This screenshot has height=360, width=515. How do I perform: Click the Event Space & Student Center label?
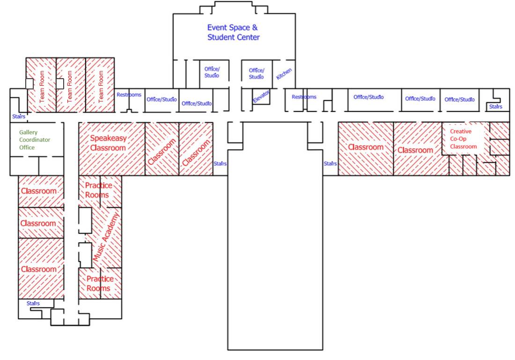233,32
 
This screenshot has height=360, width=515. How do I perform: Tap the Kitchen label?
284,73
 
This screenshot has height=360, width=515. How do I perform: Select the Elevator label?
261,96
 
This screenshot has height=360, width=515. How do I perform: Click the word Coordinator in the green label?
35,140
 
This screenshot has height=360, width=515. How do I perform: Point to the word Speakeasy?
108,138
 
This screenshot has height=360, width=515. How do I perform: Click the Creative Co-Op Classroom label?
463,139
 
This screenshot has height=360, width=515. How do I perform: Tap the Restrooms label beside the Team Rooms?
129,95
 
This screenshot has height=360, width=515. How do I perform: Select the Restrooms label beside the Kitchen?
304,97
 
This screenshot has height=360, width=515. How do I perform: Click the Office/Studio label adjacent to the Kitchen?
256,73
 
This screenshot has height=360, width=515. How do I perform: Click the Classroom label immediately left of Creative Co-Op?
415,150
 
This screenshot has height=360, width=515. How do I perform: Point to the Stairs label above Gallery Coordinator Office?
19,116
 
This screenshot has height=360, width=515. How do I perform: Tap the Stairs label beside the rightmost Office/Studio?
495,107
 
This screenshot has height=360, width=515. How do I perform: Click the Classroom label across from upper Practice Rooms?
38,191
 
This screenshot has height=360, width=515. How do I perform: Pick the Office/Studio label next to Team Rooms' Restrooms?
162,99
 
